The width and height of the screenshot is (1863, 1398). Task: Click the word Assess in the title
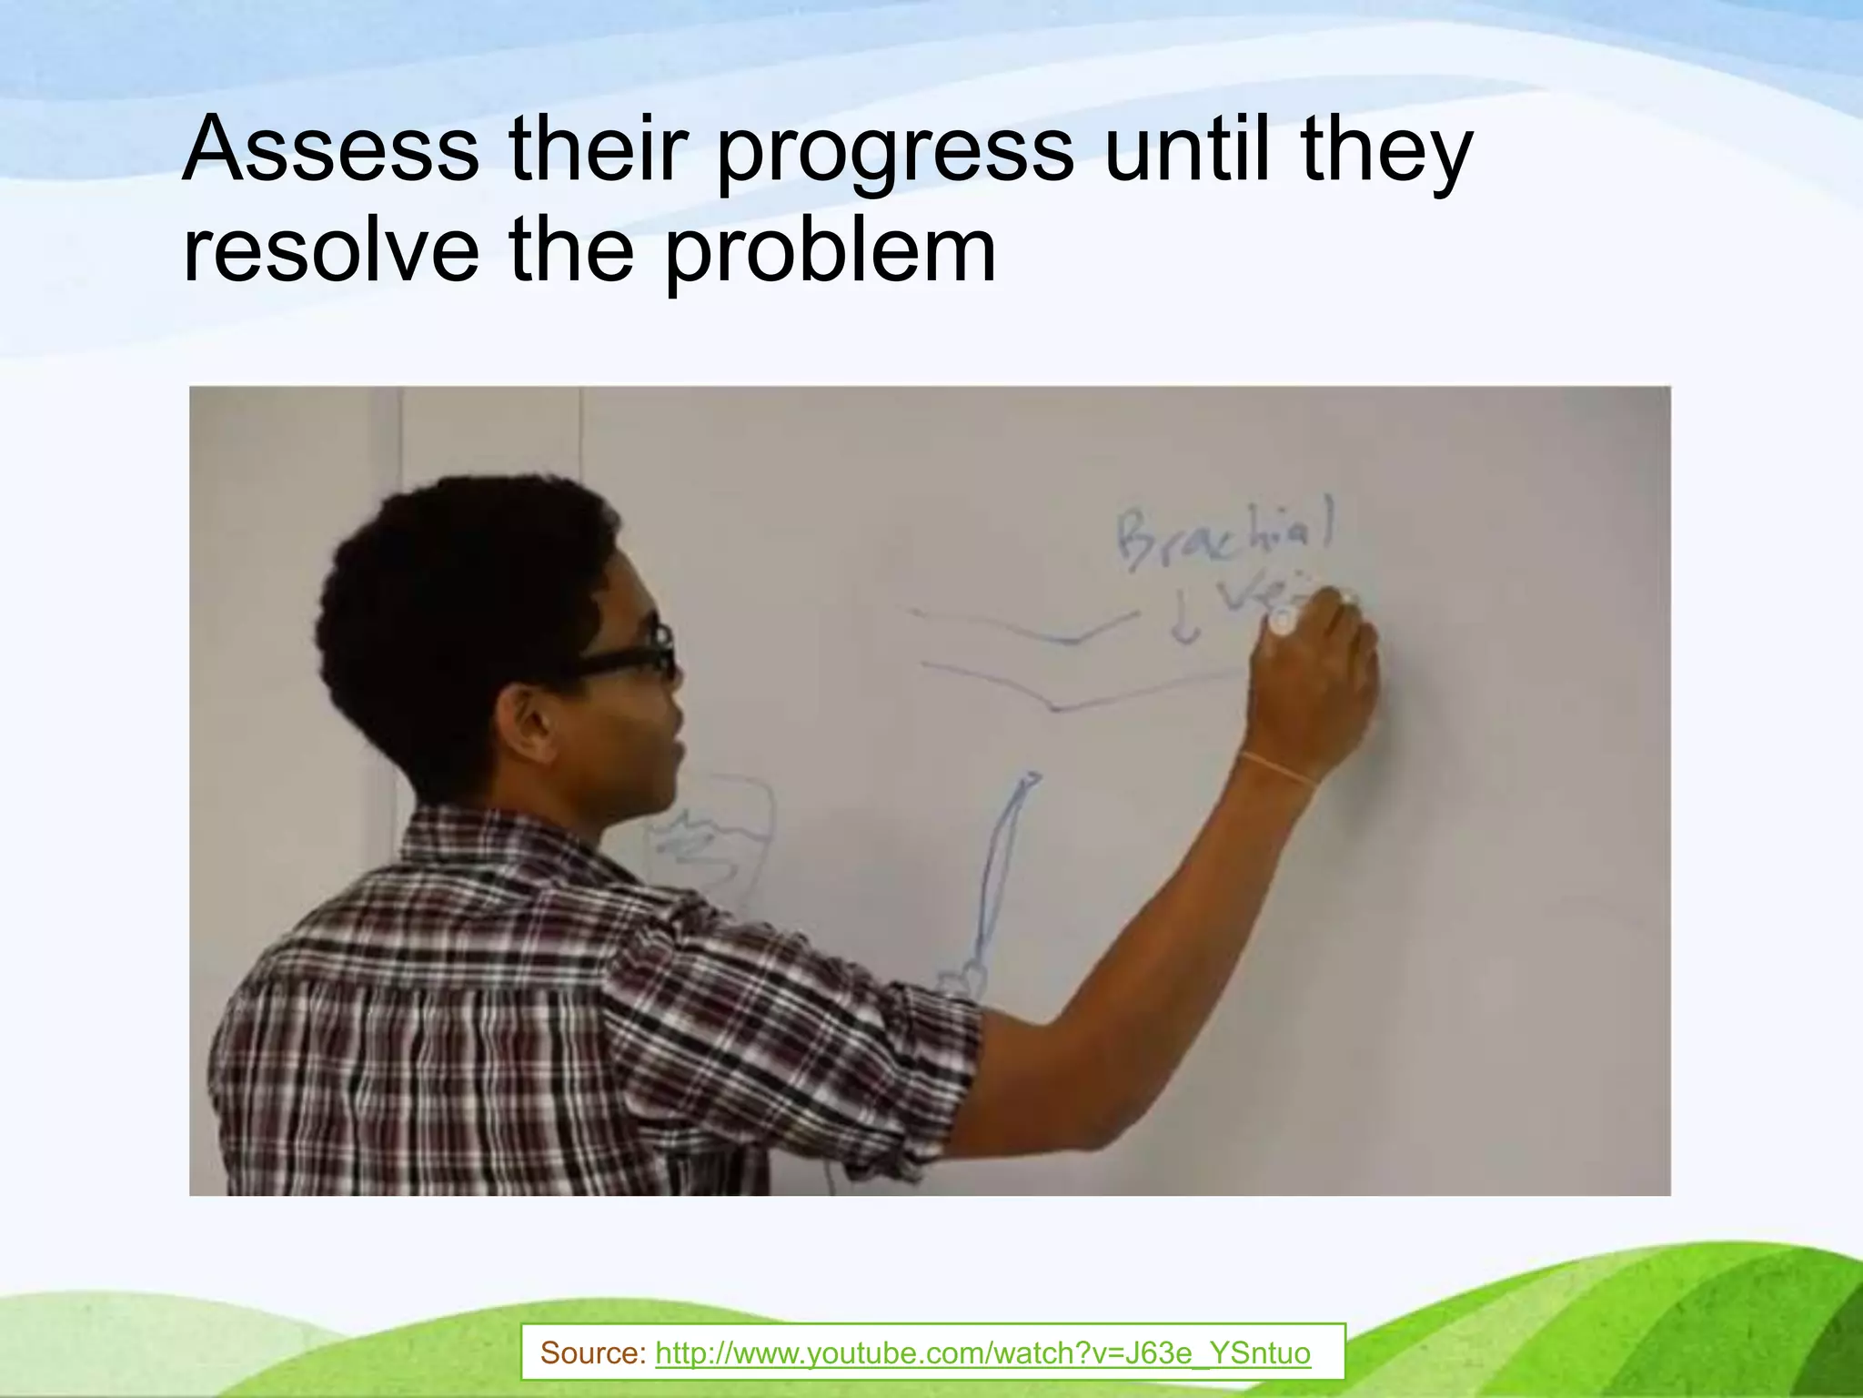click(329, 148)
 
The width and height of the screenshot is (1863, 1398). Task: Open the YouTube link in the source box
click(982, 1352)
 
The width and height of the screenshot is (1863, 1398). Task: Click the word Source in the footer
click(591, 1352)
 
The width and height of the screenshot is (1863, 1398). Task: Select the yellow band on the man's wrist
click(1277, 769)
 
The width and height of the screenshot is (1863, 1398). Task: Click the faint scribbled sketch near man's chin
click(710, 837)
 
